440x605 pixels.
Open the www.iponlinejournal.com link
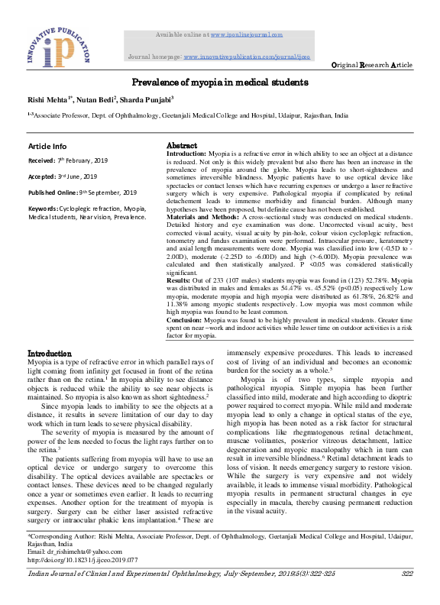(246, 34)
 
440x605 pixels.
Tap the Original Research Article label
(371, 66)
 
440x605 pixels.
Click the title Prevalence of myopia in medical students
(220, 81)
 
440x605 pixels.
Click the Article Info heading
(47, 146)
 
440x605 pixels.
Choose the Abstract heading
(182, 146)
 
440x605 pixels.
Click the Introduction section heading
(50, 354)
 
